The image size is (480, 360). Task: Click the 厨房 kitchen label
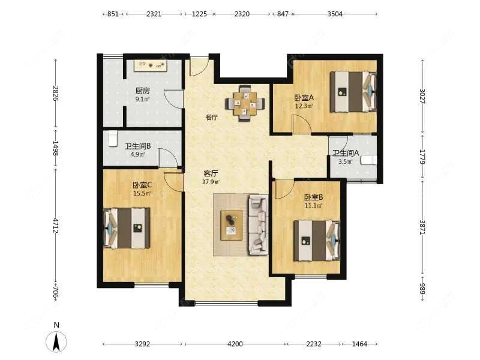[x=142, y=91]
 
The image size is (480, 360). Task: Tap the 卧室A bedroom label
[x=304, y=98]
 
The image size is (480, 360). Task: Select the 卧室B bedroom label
[x=313, y=197]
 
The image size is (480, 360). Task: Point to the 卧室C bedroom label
[x=142, y=185]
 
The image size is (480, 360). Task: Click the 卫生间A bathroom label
[x=346, y=153]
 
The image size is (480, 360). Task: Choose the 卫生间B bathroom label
[x=138, y=146]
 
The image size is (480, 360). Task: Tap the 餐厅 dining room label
[x=212, y=117]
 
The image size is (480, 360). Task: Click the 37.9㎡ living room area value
[x=211, y=182]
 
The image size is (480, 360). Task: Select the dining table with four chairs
[x=245, y=103]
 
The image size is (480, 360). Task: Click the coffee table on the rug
[x=232, y=225]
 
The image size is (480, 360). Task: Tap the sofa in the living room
[x=259, y=225]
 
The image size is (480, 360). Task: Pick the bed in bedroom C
[x=127, y=229]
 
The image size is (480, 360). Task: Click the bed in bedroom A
[x=353, y=92]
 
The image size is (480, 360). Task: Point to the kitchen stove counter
[x=151, y=65]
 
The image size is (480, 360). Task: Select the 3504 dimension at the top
[x=335, y=14]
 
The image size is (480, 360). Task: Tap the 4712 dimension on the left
[x=55, y=226]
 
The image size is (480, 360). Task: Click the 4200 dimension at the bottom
[x=235, y=344]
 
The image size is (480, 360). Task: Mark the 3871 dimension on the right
[x=422, y=227]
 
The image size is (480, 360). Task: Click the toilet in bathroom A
[x=369, y=160]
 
